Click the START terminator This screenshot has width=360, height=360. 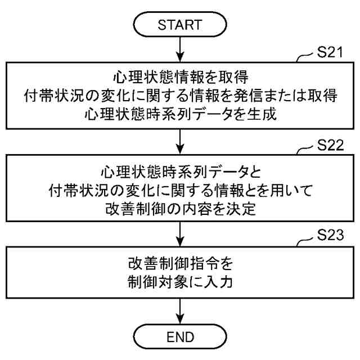tap(179, 25)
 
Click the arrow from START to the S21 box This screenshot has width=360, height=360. tap(179, 50)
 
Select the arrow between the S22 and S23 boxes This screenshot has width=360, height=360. tap(179, 232)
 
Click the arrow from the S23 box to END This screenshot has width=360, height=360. tap(179, 309)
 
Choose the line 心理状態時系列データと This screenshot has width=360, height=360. tap(179, 170)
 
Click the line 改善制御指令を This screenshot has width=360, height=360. tap(179, 262)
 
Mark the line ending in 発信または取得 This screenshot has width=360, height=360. tap(179, 95)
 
